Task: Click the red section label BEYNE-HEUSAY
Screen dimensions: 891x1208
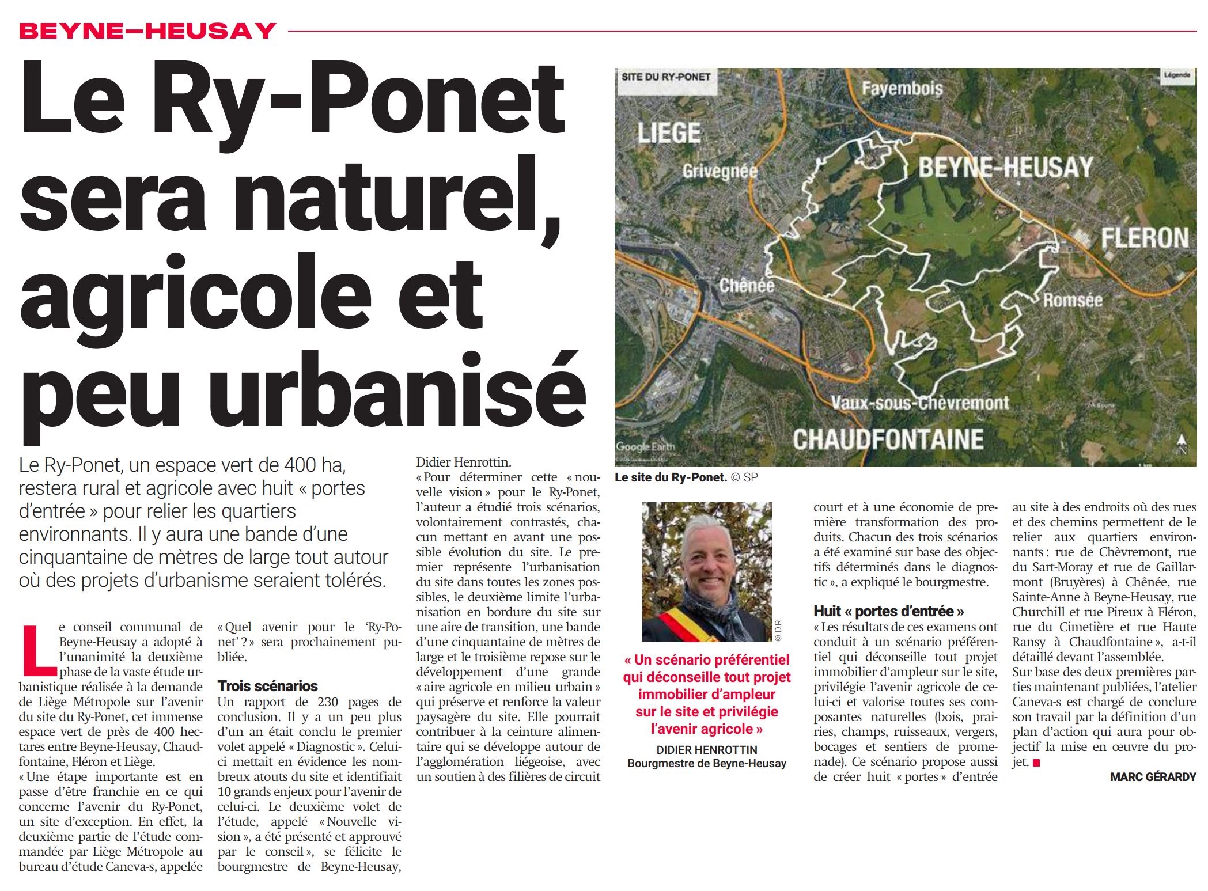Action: tap(147, 31)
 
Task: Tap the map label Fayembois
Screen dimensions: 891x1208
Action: tap(902, 89)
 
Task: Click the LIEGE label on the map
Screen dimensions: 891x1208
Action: tap(669, 133)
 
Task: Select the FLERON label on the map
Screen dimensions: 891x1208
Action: tap(1145, 237)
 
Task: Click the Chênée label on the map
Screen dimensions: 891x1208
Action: tap(747, 285)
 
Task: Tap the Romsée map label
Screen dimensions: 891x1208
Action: tap(1073, 300)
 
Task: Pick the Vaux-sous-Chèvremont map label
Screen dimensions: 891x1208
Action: tap(920, 403)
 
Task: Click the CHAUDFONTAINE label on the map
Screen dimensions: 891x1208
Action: tap(888, 439)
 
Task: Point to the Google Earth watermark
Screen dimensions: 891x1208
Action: tap(645, 446)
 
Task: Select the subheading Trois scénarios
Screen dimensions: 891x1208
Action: tap(267, 685)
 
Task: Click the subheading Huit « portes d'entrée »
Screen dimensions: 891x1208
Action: tap(888, 611)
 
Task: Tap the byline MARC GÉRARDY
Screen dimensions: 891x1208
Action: tap(1153, 777)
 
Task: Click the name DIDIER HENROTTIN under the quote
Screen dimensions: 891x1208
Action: tap(706, 750)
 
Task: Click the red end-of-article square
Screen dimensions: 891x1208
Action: tap(1036, 763)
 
